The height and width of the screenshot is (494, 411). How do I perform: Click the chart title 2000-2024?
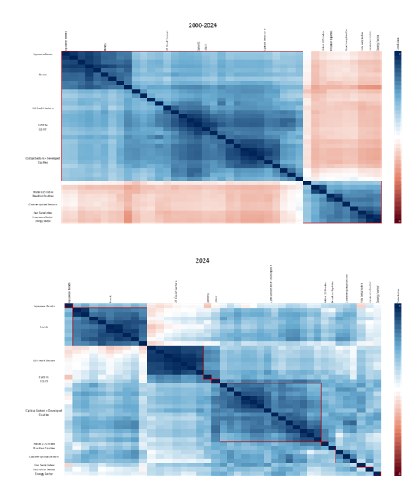(x=202, y=25)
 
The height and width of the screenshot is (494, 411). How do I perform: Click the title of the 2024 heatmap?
(x=202, y=260)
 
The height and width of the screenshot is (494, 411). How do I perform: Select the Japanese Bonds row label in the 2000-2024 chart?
(x=43, y=55)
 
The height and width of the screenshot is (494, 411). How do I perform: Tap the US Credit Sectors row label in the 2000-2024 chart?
(x=43, y=108)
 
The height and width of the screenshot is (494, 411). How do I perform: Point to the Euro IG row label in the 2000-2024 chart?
(x=43, y=124)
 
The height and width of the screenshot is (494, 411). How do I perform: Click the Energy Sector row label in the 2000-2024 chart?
(x=43, y=221)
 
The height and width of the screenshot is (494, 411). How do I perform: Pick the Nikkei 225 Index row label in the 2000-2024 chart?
(x=43, y=191)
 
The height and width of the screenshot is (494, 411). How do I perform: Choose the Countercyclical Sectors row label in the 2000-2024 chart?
(x=43, y=204)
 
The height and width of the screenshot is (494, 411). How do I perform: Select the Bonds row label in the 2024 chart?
(x=43, y=327)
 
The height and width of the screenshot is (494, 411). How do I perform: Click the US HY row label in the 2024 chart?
(x=43, y=382)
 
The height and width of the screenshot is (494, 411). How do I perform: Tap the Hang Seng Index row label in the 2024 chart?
(x=43, y=465)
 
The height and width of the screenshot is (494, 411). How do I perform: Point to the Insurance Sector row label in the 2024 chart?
(x=43, y=469)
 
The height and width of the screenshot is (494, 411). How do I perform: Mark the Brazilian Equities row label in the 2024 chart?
(x=43, y=449)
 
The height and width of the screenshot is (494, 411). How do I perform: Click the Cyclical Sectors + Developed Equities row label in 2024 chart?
(x=43, y=413)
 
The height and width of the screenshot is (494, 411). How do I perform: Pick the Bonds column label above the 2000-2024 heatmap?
(x=106, y=47)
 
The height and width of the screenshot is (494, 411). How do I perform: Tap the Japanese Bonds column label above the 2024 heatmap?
(x=68, y=291)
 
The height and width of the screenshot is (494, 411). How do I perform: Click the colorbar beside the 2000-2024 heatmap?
(x=397, y=138)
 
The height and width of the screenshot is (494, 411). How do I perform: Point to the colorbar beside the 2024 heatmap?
(x=397, y=389)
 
